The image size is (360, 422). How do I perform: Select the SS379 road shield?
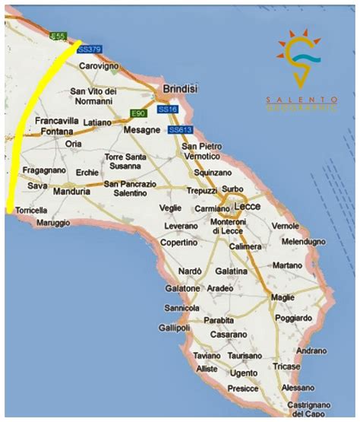coord(90,49)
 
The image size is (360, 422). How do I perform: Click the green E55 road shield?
coord(58,36)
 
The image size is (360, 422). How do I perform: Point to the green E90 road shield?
coord(138,113)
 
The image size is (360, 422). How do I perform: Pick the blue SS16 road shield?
coord(167,110)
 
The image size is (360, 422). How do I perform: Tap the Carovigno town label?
coord(99,66)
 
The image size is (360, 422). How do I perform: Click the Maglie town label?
coord(284,297)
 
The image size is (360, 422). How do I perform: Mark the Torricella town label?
coord(30,210)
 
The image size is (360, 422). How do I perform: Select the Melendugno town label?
coord(303,241)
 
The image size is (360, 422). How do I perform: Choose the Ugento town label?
coord(244,373)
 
